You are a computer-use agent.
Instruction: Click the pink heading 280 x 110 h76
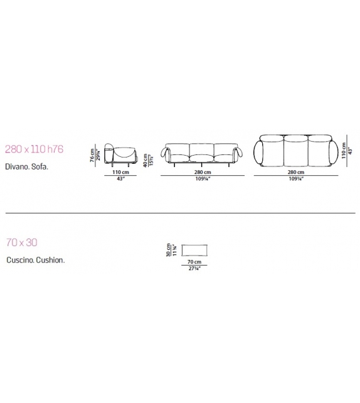34,149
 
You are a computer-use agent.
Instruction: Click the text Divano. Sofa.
27,166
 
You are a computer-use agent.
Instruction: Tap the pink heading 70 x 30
22,242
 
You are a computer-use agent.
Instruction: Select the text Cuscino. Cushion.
35,260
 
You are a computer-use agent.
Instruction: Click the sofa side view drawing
120,154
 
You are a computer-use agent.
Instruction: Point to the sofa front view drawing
203,155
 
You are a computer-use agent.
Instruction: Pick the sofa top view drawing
295,151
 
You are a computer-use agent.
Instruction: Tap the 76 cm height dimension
92,155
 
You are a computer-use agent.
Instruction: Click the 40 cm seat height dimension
146,160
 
